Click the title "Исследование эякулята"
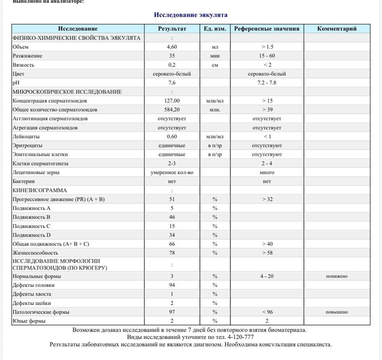(x=191, y=15)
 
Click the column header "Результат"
(x=172, y=29)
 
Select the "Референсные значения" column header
(x=267, y=29)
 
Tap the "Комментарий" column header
(x=337, y=29)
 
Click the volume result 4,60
(x=172, y=47)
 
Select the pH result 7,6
(x=172, y=83)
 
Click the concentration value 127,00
(x=172, y=101)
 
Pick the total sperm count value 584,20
(x=172, y=110)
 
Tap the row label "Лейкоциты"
(x=26, y=136)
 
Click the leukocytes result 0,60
(x=172, y=136)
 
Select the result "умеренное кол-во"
(x=172, y=173)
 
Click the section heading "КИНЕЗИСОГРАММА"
(x=40, y=190)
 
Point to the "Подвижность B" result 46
(x=172, y=217)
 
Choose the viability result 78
(x=172, y=253)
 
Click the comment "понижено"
(x=337, y=276)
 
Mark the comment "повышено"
(x=337, y=312)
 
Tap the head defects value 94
(x=172, y=285)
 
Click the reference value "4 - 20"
(x=267, y=276)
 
